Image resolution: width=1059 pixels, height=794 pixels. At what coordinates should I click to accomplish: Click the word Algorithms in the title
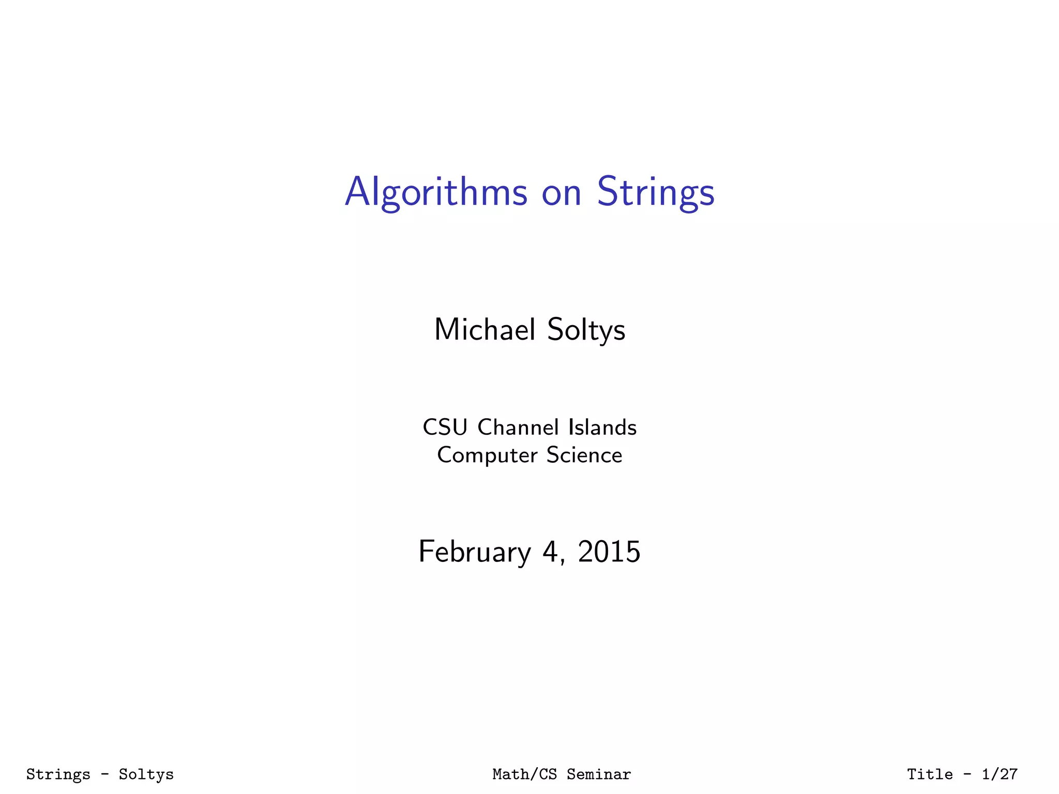point(436,192)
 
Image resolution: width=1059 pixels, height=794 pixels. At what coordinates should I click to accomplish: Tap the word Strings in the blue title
point(656,192)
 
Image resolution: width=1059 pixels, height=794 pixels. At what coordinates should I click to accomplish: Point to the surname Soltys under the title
point(586,330)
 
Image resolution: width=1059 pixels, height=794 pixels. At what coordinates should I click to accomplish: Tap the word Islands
point(602,427)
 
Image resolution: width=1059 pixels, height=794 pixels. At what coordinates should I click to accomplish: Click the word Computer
point(487,455)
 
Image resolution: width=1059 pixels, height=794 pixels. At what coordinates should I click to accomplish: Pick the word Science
point(584,455)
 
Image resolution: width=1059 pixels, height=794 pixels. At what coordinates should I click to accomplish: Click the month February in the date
point(474,552)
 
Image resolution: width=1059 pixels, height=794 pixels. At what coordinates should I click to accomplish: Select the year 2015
point(609,552)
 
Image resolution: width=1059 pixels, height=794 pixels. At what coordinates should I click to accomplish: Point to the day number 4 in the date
point(549,552)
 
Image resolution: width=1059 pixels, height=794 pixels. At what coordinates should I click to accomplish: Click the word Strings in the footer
point(58,774)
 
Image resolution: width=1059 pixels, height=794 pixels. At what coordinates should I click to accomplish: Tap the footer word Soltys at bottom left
point(146,774)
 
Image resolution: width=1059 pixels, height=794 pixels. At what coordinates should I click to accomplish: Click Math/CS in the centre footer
point(524,774)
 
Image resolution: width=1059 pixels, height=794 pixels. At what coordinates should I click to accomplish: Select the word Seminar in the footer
point(599,774)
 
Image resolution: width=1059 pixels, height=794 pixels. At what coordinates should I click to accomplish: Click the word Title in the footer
point(930,774)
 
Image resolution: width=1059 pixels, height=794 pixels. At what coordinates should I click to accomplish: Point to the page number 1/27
point(1000,774)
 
